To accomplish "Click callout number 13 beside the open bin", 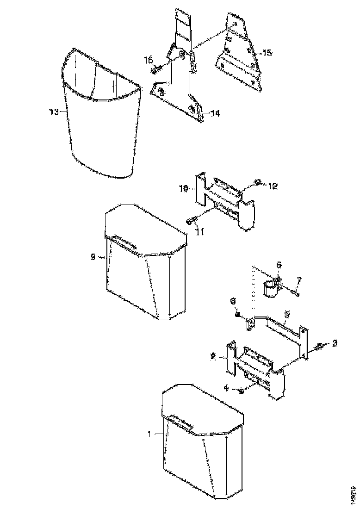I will [x=54, y=112].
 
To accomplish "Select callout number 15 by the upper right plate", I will [x=267, y=53].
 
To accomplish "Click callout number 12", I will [x=273, y=186].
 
